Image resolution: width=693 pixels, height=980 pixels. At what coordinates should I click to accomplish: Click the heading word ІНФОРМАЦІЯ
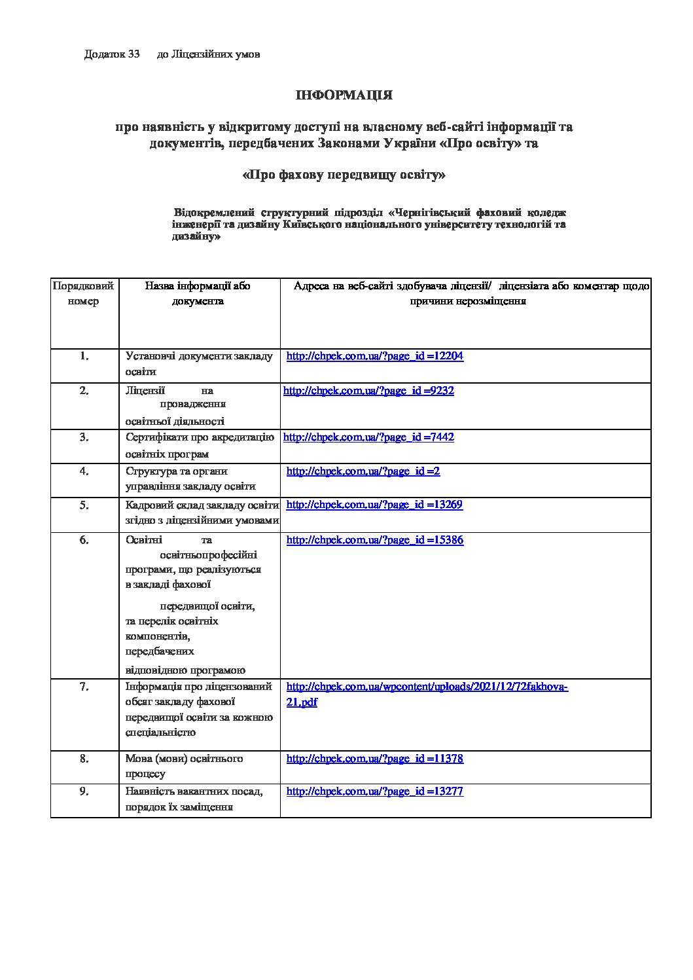[x=344, y=96]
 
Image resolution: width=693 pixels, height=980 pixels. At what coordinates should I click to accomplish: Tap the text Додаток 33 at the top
[x=112, y=54]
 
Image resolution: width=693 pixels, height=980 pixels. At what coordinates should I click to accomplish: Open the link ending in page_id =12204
[x=375, y=357]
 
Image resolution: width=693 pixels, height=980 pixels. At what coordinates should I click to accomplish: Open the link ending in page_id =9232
[x=368, y=391]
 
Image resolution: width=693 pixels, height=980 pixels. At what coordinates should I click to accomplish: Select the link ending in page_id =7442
[x=368, y=437]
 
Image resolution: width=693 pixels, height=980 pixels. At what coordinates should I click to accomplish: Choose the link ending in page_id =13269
[x=374, y=505]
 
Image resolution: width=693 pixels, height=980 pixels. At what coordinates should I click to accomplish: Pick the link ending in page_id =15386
[x=375, y=541]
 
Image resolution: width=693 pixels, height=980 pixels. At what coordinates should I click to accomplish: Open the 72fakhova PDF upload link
[x=427, y=687]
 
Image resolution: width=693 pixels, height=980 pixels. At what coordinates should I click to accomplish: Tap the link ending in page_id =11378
[x=375, y=759]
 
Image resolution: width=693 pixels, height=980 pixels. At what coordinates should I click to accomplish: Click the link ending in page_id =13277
[x=375, y=791]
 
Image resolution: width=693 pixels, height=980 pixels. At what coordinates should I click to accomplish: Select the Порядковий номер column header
[x=84, y=294]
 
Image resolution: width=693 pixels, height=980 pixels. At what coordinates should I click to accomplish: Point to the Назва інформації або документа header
[x=198, y=294]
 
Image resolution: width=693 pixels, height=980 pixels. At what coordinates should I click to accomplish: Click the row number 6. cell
[x=84, y=541]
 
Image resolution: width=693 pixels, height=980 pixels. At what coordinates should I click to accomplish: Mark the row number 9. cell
[x=84, y=791]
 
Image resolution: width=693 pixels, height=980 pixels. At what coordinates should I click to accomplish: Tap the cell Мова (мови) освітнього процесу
[x=184, y=766]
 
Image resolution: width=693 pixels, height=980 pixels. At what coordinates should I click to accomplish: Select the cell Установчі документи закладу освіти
[x=199, y=364]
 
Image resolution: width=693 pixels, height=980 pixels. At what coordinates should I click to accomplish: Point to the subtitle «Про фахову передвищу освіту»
[x=344, y=175]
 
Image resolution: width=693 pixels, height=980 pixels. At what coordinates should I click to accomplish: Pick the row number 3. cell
[x=84, y=437]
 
